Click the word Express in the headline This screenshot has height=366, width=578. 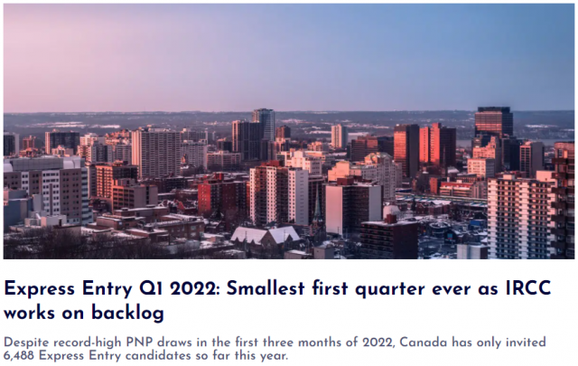pos(40,288)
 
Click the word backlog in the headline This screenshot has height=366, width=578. pos(127,313)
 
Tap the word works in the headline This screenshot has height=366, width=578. pos(29,313)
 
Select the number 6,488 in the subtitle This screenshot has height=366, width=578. pos(19,356)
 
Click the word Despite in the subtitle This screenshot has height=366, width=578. pos(26,343)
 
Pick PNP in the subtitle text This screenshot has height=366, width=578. pos(139,342)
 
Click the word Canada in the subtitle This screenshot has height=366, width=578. pos(424,342)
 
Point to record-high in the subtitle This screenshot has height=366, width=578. pos(88,343)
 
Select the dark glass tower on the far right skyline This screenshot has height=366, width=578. pos(493,122)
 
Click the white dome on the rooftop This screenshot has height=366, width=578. pos(391,211)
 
